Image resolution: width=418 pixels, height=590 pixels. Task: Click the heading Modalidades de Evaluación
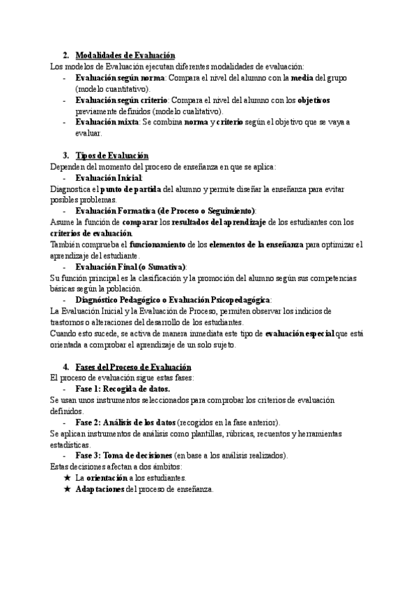[x=125, y=56]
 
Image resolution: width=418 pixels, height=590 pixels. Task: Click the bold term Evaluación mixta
[x=107, y=122]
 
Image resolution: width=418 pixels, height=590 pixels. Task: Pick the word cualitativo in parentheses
[x=199, y=111]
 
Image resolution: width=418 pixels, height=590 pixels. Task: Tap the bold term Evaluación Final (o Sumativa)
[x=130, y=266]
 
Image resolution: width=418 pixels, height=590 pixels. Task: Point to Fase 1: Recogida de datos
[x=122, y=389]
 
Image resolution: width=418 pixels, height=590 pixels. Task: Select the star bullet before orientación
[x=67, y=478]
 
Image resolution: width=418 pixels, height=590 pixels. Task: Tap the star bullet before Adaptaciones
[x=67, y=489]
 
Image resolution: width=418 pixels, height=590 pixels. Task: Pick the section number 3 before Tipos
[x=65, y=156]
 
